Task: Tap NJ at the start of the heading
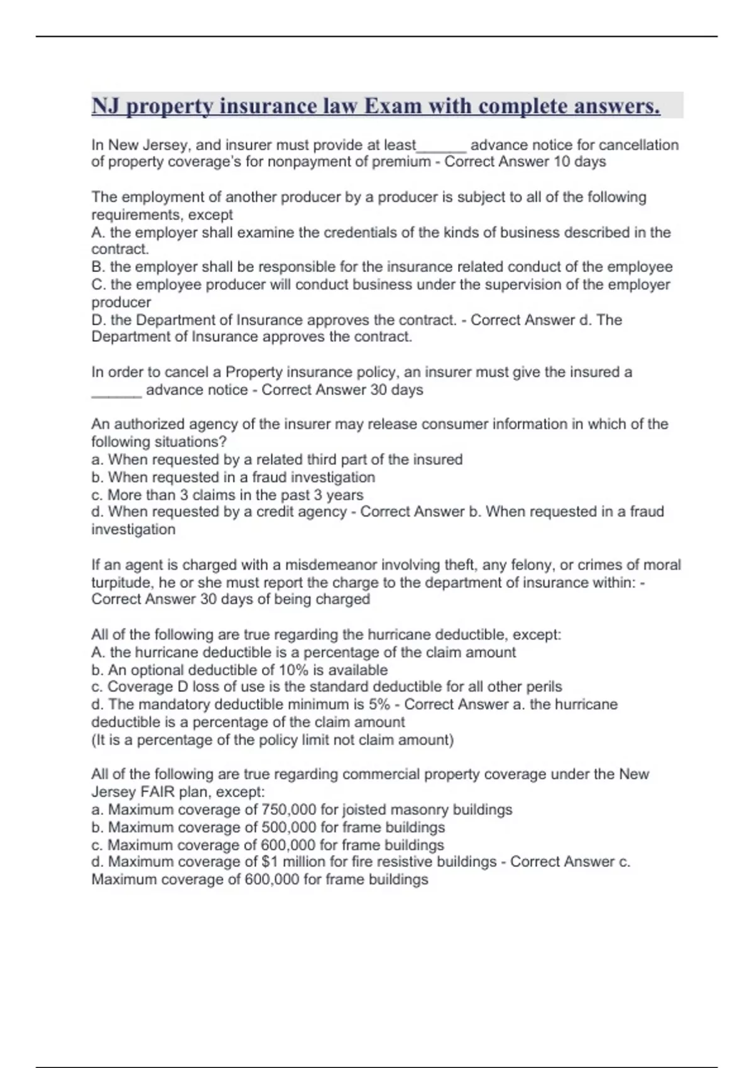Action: [x=106, y=106]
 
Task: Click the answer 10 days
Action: [x=579, y=162]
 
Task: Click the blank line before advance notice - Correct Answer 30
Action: [x=116, y=390]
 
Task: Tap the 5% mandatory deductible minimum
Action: [x=380, y=704]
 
